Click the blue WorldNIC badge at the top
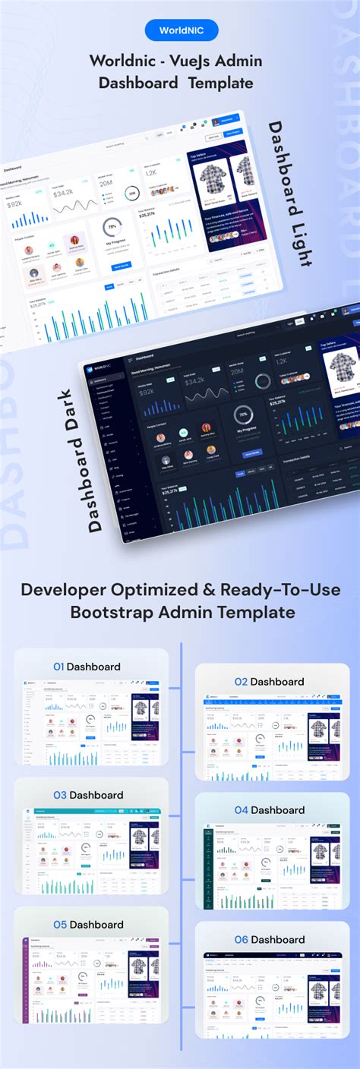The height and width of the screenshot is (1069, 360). [x=181, y=30]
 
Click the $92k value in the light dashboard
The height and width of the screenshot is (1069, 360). [x=15, y=204]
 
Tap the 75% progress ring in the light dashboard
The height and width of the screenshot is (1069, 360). [x=112, y=227]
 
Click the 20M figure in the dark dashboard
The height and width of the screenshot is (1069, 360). [x=236, y=371]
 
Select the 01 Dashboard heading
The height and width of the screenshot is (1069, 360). [x=87, y=667]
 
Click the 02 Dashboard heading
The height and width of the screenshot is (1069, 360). [x=270, y=682]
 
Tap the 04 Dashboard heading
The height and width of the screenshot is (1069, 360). [x=270, y=810]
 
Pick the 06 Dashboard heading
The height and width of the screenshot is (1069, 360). [x=270, y=939]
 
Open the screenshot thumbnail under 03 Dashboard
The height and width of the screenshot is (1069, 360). [x=91, y=850]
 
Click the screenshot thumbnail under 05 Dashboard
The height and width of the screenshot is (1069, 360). [x=91, y=979]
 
